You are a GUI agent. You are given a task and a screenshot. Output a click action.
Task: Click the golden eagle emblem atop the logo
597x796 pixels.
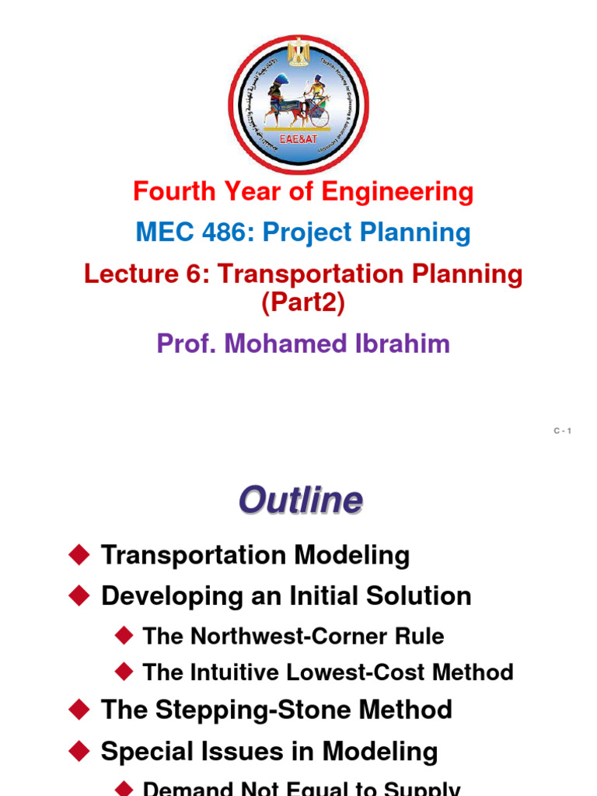pyautogui.click(x=298, y=52)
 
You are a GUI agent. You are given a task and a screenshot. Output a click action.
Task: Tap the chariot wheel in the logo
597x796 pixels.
pyautogui.click(x=319, y=117)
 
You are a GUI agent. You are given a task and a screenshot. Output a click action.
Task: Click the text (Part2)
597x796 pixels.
pyautogui.click(x=303, y=302)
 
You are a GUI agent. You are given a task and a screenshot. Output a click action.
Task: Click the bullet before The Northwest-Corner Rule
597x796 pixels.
pyautogui.click(x=124, y=635)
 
